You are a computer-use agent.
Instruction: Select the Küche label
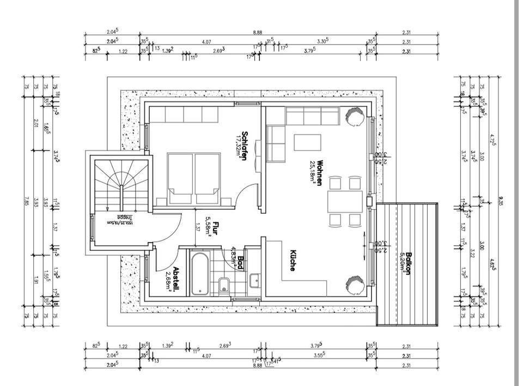pyautogui.click(x=293, y=261)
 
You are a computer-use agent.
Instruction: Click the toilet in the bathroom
pyautogui.click(x=222, y=284)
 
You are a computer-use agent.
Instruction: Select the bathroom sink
pyautogui.click(x=254, y=282)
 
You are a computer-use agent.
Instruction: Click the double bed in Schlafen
pyautogui.click(x=193, y=179)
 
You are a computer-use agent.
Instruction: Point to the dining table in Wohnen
pyautogui.click(x=345, y=201)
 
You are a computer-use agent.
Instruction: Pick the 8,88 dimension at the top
pyautogui.click(x=258, y=33)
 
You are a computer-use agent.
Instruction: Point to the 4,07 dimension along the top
pyautogui.click(x=206, y=41)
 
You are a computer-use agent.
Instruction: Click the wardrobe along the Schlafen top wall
pyautogui.click(x=184, y=114)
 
